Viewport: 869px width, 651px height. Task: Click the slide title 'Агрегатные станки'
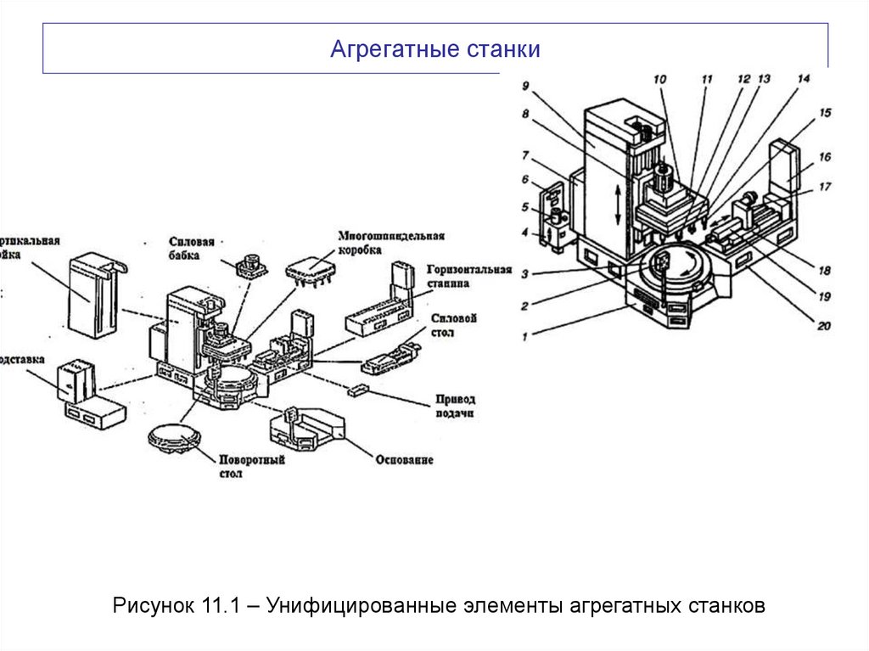(434, 49)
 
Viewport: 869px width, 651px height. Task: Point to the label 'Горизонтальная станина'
(470, 276)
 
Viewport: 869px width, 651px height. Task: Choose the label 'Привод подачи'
(455, 406)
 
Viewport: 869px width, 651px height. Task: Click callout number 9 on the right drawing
(525, 86)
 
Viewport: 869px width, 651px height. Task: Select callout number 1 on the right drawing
(525, 336)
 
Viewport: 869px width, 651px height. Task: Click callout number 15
(825, 112)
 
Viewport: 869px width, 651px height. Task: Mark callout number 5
(525, 206)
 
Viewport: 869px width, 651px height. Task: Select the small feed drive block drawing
(357, 390)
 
